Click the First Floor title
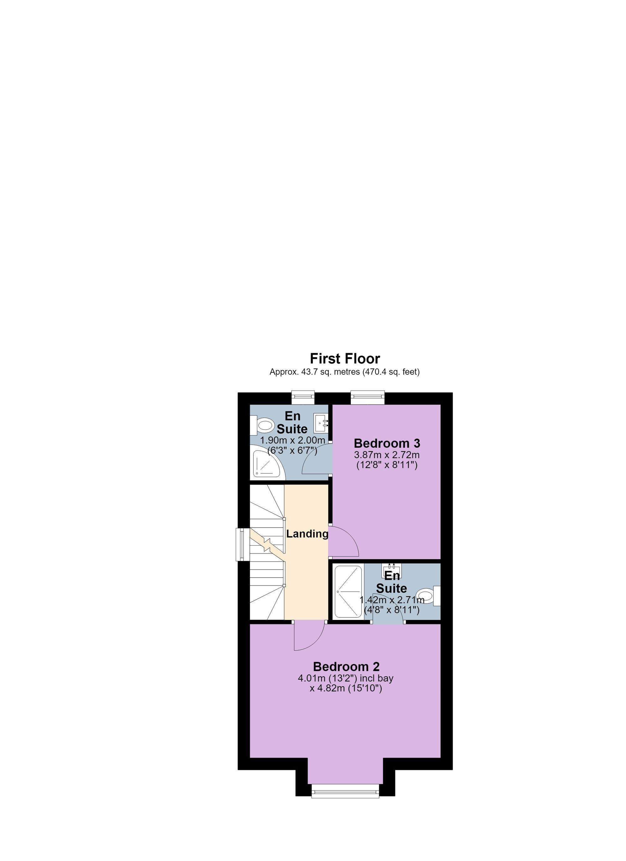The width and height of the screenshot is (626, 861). [x=345, y=359]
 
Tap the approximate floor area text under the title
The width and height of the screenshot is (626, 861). [x=345, y=372]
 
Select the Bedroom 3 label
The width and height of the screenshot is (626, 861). [x=387, y=443]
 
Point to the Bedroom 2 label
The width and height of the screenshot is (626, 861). [x=346, y=667]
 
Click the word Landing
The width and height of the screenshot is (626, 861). [x=307, y=534]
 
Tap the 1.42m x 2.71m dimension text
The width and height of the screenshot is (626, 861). [x=392, y=600]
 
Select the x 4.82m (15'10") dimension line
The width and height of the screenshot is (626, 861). [x=346, y=688]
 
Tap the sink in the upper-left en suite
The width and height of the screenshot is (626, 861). [x=321, y=423]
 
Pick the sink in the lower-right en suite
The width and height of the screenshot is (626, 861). [x=392, y=570]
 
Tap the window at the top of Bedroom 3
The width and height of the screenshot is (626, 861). [x=367, y=396]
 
